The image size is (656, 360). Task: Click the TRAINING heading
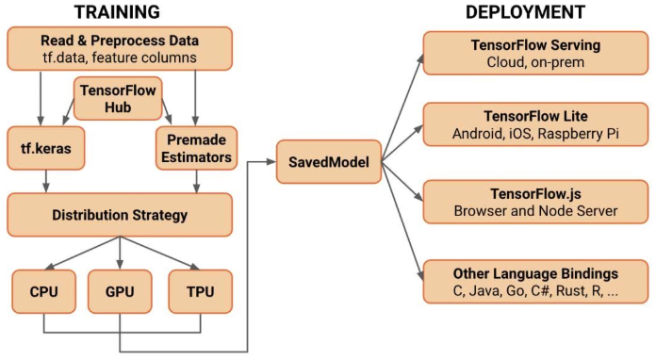[x=119, y=12]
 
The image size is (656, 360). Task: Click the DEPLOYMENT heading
[x=526, y=12]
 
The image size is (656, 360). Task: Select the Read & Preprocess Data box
[x=119, y=49]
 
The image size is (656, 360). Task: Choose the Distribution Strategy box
[x=119, y=215]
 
